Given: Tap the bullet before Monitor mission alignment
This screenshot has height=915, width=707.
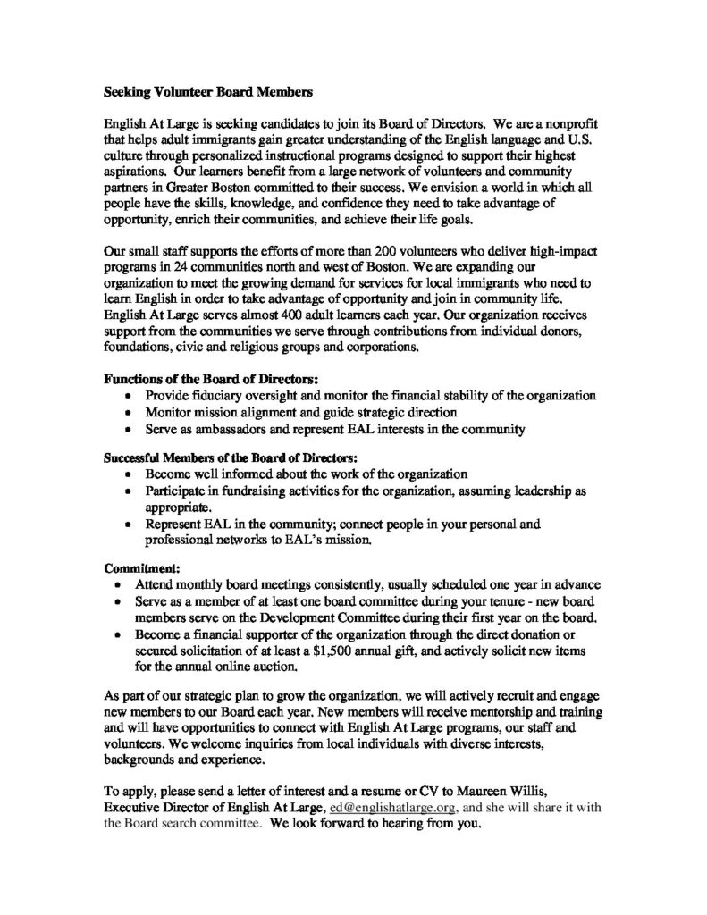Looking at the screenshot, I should pos(132,413).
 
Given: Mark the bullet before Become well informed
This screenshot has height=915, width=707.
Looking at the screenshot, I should pos(132,474).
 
